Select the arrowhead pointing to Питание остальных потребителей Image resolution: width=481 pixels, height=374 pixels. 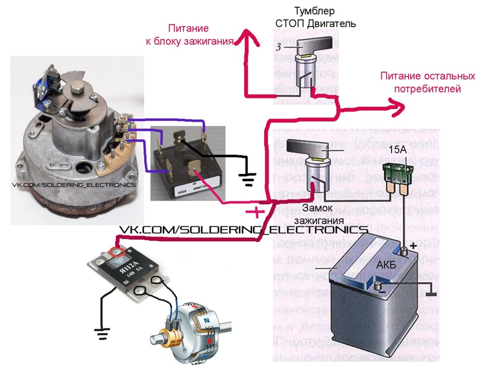tap(399, 109)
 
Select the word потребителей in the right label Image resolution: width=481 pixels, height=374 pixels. tap(427, 89)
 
